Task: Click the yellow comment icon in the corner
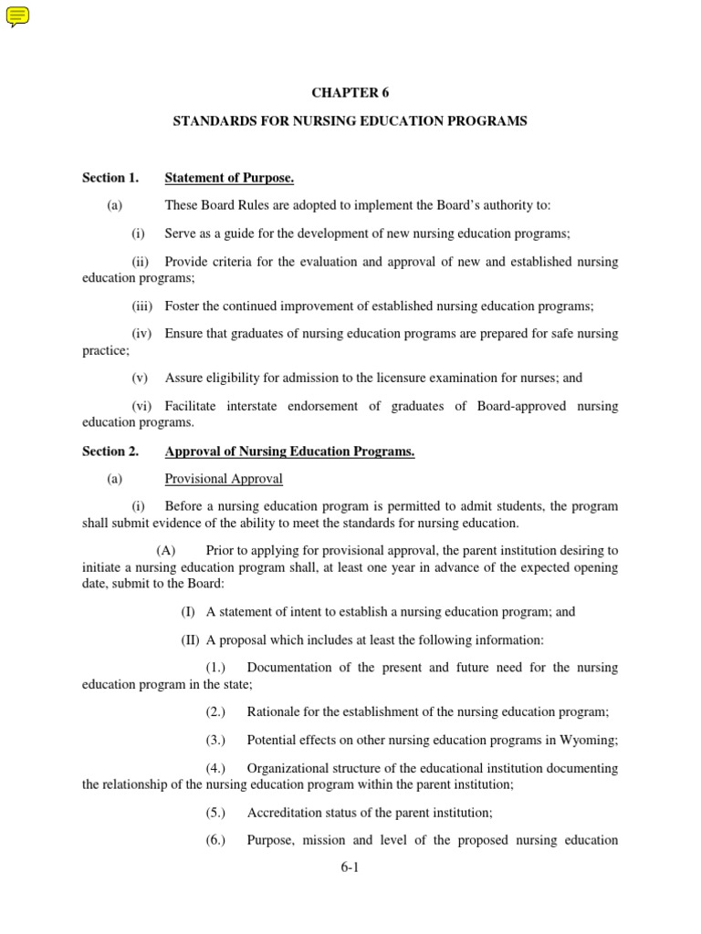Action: tap(17, 16)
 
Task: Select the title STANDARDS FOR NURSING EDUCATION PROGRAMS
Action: tap(350, 121)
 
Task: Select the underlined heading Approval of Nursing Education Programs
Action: tap(289, 451)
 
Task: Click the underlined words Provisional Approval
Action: tap(224, 479)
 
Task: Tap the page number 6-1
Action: tap(350, 867)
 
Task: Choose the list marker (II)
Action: tap(190, 639)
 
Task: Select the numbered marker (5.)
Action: tap(215, 812)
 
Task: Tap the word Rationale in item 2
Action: tap(276, 711)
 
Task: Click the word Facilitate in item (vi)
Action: tap(194, 406)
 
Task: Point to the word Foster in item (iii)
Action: tap(183, 306)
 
